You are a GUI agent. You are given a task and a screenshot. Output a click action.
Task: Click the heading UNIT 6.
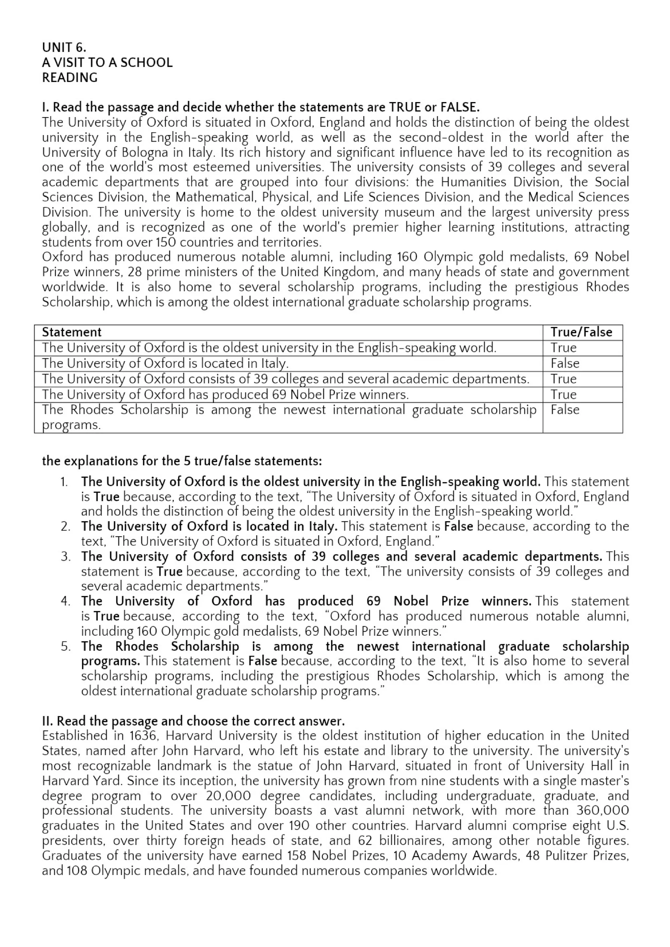coord(64,47)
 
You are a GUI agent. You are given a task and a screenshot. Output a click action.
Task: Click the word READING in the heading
coord(70,77)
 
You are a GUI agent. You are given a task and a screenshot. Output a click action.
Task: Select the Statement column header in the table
coord(72,333)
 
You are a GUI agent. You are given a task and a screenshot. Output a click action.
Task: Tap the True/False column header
coord(581,333)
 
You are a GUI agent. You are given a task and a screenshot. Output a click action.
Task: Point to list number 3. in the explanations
coord(66,557)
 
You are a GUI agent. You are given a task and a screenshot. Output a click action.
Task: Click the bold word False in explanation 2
coord(458,527)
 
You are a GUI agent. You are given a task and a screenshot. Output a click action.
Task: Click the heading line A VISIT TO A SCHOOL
coord(107,63)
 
